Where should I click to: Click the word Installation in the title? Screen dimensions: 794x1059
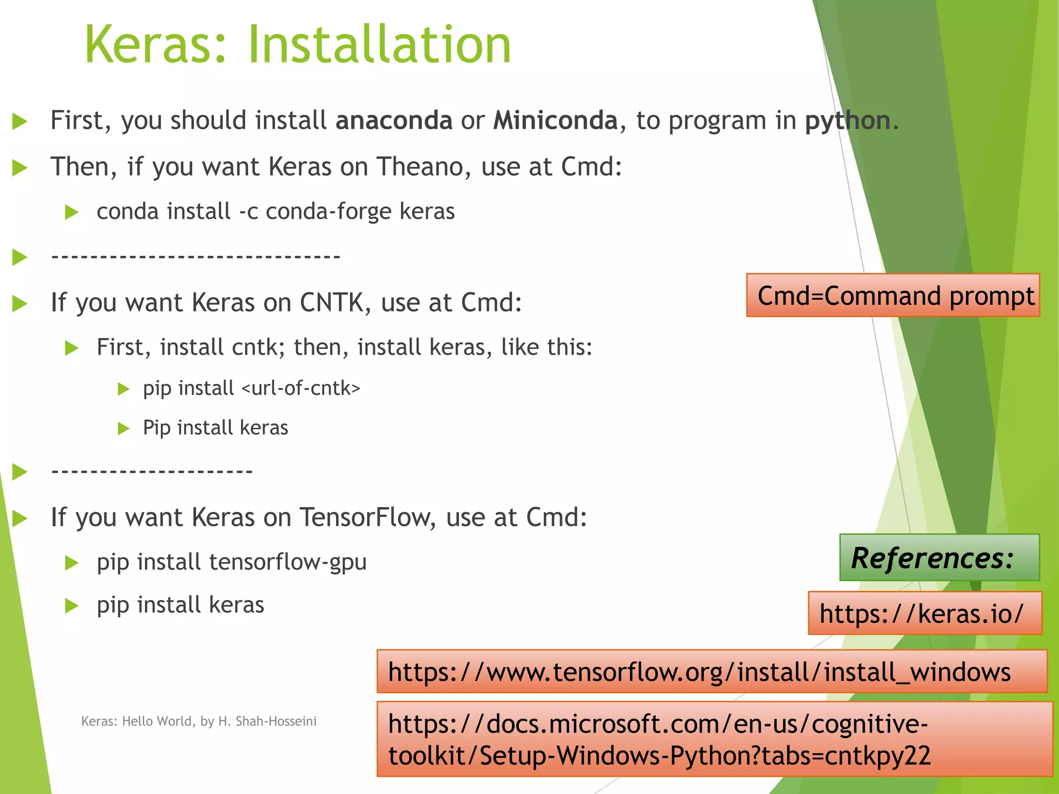[380, 45]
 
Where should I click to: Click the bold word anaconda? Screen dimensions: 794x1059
[394, 120]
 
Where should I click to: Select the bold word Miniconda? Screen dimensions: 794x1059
[555, 120]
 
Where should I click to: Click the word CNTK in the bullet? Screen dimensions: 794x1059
[332, 302]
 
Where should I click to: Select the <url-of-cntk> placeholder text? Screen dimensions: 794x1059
[301, 388]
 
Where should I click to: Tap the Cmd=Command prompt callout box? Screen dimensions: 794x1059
[893, 295]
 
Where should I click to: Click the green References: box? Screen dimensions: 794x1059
[939, 557]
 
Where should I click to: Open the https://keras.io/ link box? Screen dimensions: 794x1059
[925, 614]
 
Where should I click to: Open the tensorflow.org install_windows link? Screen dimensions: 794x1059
[712, 671]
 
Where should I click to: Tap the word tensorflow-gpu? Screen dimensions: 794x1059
[288, 562]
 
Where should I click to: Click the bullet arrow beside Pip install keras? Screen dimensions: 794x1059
[123, 429]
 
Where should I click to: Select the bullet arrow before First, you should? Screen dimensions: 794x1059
[20, 121]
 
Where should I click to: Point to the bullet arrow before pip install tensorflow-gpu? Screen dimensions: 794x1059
[71, 562]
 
